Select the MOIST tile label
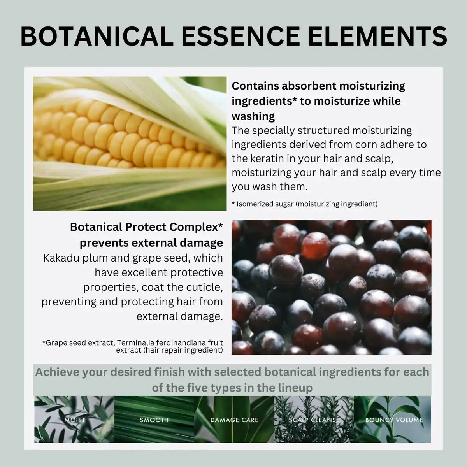pyautogui.click(x=74, y=420)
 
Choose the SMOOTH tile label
pyautogui.click(x=154, y=420)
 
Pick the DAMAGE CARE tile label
pyautogui.click(x=234, y=420)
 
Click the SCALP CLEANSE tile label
pyautogui.click(x=314, y=420)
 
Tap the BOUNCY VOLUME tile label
pyautogui.click(x=394, y=420)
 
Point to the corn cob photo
pyautogui.click(x=130, y=143)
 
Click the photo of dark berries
pyautogui.click(x=331, y=287)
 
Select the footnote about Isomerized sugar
pyautogui.click(x=304, y=204)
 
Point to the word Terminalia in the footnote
pyautogui.click(x=135, y=343)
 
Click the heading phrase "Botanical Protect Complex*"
pyautogui.click(x=146, y=227)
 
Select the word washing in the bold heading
pyautogui.click(x=253, y=116)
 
